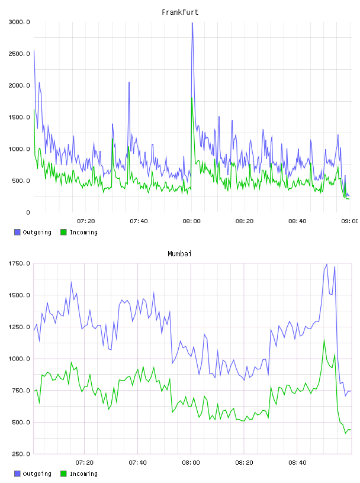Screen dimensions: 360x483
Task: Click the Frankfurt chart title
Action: point(180,12)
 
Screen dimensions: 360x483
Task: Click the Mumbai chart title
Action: point(179,254)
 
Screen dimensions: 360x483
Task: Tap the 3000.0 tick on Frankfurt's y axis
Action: point(19,22)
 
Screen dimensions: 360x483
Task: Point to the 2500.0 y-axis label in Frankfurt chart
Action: point(19,54)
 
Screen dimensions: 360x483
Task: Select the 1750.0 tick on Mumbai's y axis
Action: point(19,263)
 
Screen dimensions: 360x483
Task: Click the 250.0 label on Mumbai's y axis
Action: point(21,454)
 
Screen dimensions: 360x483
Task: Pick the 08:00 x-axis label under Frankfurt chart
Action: point(191,221)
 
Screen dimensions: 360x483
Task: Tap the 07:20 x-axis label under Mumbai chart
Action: point(85,463)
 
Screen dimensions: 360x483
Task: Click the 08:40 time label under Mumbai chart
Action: point(297,463)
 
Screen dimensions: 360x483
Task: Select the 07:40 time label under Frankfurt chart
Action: point(139,221)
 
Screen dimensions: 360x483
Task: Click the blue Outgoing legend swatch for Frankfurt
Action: point(17,232)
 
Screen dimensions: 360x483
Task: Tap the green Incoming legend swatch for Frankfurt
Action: point(63,232)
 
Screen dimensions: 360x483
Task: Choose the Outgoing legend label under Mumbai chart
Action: point(37,474)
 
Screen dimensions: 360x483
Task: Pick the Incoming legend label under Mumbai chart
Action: point(83,474)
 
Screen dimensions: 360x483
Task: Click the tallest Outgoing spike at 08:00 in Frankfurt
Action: point(192,23)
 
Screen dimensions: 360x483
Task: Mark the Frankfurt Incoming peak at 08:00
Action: point(192,98)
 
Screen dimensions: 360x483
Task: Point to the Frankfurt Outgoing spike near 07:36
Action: point(129,82)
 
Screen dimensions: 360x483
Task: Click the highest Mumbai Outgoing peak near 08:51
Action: point(327,264)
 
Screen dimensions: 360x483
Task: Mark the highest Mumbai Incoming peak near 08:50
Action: point(324,340)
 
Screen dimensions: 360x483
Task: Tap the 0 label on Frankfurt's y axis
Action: point(28,212)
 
